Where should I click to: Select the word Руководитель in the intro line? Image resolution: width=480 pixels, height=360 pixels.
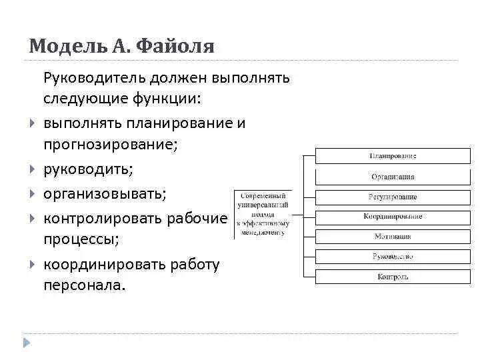click(94, 78)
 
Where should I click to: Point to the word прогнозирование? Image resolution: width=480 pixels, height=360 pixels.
click(111, 144)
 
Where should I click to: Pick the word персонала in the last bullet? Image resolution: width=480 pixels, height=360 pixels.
click(84, 285)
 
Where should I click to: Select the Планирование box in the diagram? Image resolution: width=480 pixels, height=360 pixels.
click(393, 156)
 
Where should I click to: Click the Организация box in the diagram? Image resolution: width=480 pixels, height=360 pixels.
click(393, 177)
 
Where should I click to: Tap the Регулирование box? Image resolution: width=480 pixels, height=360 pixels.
click(393, 197)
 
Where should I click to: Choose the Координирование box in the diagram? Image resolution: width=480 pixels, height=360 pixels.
click(393, 217)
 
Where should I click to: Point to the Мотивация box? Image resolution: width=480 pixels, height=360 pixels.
click(393, 237)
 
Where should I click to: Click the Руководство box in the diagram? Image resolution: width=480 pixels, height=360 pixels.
click(393, 257)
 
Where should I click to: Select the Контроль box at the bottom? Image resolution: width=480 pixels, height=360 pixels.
click(393, 277)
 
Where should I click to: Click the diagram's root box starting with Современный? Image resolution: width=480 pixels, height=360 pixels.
click(263, 214)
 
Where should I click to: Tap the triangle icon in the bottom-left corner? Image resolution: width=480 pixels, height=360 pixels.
click(27, 343)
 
